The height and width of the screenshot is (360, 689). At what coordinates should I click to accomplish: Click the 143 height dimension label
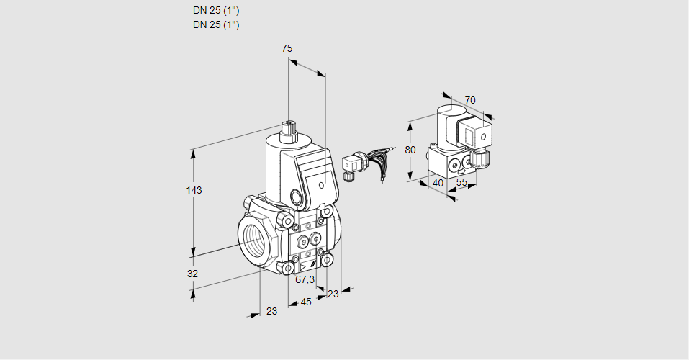pos(194,190)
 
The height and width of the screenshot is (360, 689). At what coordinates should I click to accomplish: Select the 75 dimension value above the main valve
pos(287,48)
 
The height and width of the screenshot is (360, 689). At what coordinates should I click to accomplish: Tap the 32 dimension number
pos(192,274)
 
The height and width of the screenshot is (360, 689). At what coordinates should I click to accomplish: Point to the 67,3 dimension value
pos(305,279)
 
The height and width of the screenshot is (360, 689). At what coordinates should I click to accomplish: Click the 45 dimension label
pos(305,302)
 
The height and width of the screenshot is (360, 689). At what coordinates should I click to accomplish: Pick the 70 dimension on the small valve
pos(470,100)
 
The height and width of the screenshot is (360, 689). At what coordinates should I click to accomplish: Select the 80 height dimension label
pos(410,150)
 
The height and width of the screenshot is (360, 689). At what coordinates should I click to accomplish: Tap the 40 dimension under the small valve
pos(437,184)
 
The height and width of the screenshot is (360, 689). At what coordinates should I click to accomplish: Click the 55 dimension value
pos(462,184)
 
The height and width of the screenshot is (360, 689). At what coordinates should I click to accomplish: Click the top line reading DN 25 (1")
pos(216,11)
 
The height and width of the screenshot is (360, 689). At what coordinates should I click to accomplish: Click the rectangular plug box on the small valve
pos(477,134)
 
